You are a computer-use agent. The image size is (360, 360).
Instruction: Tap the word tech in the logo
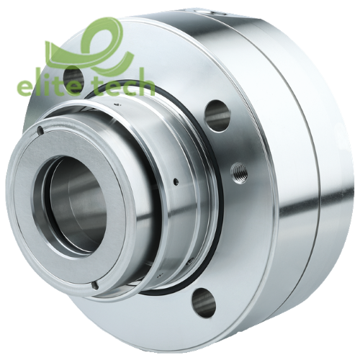[123, 86]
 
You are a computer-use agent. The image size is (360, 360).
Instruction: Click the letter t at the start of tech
[100, 86]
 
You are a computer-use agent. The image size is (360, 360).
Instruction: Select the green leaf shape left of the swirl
[57, 50]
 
